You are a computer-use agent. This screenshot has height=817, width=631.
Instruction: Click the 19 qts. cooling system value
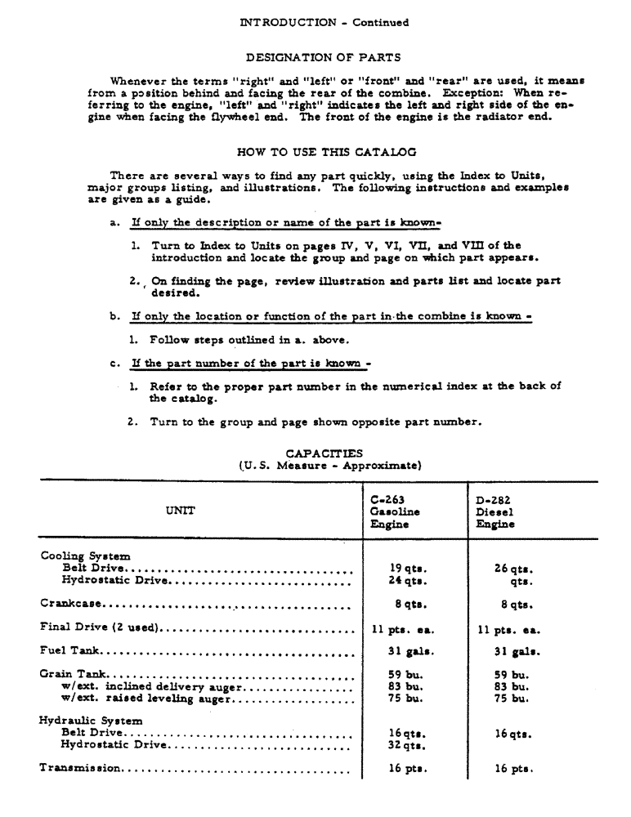[409, 568]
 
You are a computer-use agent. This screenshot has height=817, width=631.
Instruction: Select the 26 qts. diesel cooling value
[513, 568]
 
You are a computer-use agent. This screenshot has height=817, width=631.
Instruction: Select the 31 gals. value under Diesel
[513, 651]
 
